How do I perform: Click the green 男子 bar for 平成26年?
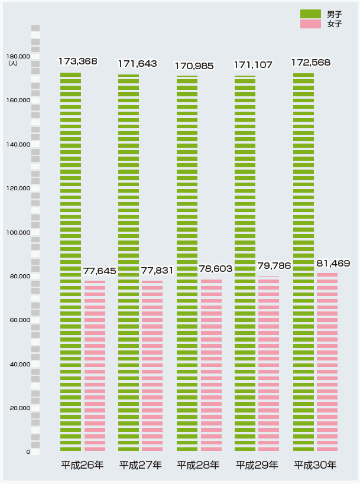[x=70, y=260]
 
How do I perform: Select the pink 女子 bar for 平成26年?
[x=95, y=366]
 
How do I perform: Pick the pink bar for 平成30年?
[x=327, y=362]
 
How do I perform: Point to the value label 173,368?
[x=77, y=61]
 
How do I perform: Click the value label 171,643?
[x=137, y=63]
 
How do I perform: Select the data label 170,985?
[x=194, y=66]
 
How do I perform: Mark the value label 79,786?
[x=274, y=266]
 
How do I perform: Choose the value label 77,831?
[x=157, y=271]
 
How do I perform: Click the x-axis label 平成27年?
[x=141, y=465]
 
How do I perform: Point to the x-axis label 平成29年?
[x=257, y=465]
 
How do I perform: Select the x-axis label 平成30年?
[x=315, y=465]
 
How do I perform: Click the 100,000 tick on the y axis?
[x=18, y=233]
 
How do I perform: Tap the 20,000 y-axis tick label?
[x=20, y=408]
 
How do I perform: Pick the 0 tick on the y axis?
[x=28, y=452]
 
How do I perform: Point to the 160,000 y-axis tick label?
[x=18, y=101]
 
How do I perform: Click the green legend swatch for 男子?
[x=310, y=14]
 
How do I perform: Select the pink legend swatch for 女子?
[x=310, y=24]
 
